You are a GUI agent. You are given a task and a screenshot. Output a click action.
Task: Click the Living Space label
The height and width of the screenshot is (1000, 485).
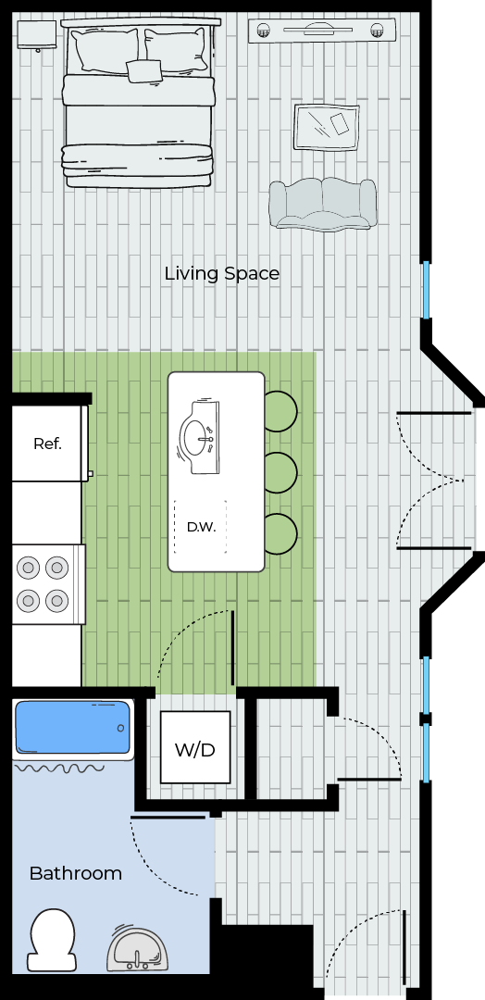pos(222,273)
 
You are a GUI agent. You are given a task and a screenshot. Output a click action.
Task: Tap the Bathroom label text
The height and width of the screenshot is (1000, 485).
pos(75,873)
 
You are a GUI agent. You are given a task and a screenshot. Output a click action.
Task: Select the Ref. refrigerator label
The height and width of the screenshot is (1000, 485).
pos(48,444)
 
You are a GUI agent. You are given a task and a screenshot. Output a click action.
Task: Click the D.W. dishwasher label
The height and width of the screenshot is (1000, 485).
pos(202,528)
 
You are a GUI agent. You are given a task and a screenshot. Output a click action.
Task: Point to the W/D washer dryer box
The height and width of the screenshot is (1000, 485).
pos(195,747)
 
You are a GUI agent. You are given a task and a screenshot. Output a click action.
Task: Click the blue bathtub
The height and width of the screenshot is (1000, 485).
pos(73,728)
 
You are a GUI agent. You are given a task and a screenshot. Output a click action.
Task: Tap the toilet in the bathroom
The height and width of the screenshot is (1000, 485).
pos(52,941)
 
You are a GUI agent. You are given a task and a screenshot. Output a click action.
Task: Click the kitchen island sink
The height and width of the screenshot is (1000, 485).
pos(200,437)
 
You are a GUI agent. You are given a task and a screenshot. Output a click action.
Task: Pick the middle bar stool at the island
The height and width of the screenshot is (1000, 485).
pos(281,472)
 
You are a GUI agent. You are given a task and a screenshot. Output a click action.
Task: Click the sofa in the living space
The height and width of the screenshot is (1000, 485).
pos(322,204)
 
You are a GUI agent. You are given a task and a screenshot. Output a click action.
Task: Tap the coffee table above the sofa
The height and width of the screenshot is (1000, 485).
pos(327,128)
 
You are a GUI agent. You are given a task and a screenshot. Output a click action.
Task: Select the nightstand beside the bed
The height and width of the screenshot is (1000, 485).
pos(36,35)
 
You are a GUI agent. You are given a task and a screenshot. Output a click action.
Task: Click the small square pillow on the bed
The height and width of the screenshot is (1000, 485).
pos(144,70)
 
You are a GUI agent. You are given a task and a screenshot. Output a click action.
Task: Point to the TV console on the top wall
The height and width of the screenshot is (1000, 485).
pos(322,30)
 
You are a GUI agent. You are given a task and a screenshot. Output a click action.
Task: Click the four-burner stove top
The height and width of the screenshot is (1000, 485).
pos(48,583)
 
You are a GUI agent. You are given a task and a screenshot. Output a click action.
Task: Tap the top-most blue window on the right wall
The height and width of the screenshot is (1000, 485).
pos(427,290)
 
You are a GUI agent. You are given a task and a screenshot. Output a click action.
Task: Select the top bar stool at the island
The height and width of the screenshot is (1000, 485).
pos(281,411)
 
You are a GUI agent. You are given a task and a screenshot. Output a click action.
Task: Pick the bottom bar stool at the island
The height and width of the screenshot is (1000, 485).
pos(281,534)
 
